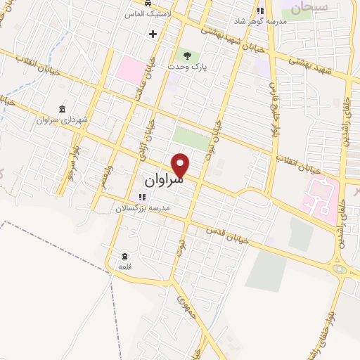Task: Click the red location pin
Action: tap(181, 165)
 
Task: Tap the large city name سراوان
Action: tap(163, 181)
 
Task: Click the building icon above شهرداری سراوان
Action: tap(63, 109)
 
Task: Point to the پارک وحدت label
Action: tap(185, 66)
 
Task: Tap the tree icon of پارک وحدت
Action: tap(186, 54)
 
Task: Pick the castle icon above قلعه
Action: tap(124, 255)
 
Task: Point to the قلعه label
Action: tap(124, 267)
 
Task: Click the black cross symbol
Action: tap(152, 33)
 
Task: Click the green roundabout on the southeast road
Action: tap(340, 269)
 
